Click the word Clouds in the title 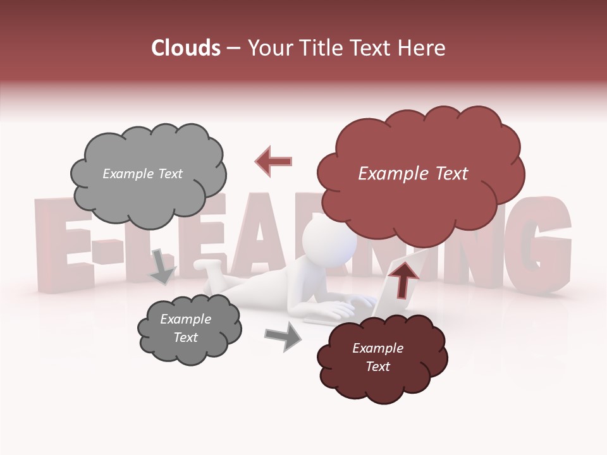click(187, 48)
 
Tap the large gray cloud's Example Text click(142, 174)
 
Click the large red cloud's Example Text click(413, 174)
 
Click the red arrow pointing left click(273, 161)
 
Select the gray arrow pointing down click(162, 266)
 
